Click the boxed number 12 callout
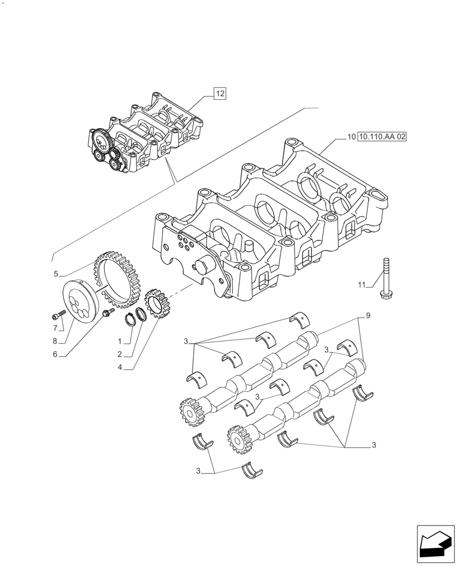coord(220,94)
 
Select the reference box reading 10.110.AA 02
coord(382,137)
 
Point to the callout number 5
coord(56,274)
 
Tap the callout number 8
coord(56,341)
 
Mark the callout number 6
coord(56,354)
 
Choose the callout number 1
coord(120,342)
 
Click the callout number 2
coord(120,354)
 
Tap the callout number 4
coord(120,367)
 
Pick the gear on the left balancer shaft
coord(191,412)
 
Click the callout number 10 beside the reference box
coord(351,137)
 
